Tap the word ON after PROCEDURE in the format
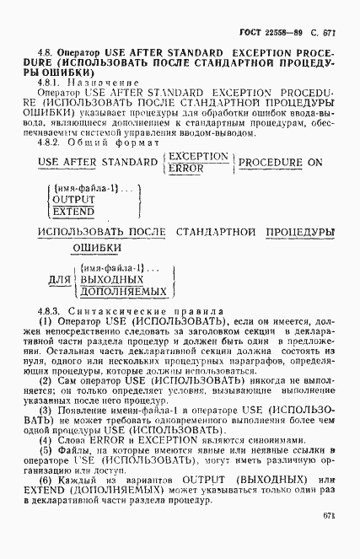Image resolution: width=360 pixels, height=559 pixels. pyautogui.click(x=313, y=163)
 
